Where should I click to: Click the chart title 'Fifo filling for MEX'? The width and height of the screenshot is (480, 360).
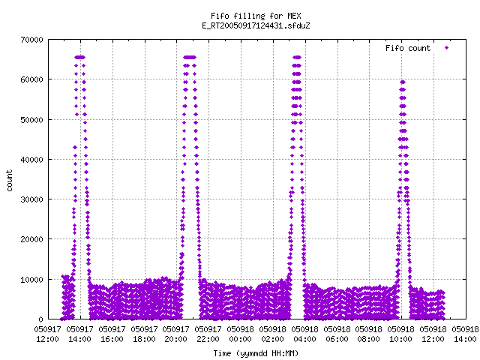pos(256,16)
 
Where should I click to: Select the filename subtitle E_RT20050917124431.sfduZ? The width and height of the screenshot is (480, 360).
pos(256,25)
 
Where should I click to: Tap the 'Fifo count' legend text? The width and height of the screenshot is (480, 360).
pos(408,48)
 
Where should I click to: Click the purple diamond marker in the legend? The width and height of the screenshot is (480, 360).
pos(447,48)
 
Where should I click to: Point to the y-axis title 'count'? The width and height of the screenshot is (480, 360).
pos(10,181)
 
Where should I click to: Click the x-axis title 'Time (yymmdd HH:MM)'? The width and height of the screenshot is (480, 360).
pos(256,353)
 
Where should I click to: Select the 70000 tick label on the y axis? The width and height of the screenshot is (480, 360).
pos(31,40)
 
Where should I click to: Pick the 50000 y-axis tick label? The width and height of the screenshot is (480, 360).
pos(31,120)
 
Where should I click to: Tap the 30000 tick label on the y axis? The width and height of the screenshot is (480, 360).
pos(31,199)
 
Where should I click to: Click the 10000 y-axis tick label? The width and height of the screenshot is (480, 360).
pos(31,280)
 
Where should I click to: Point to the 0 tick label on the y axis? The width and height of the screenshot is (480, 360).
pos(40,319)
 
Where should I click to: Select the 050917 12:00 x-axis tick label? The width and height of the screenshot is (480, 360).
pos(47,334)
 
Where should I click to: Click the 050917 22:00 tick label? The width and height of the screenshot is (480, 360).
pos(208,334)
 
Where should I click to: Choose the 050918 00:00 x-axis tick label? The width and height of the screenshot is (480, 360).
pos(240,334)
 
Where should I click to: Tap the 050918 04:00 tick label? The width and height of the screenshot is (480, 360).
pos(304,334)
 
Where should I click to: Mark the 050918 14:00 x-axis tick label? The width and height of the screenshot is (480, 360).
pos(465,334)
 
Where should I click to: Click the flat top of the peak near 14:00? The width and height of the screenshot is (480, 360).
pos(80,57)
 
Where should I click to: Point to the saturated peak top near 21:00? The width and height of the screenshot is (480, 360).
pos(190,57)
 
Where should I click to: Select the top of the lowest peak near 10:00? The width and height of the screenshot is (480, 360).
pos(403,82)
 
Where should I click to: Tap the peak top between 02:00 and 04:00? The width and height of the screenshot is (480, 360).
pos(297,57)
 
